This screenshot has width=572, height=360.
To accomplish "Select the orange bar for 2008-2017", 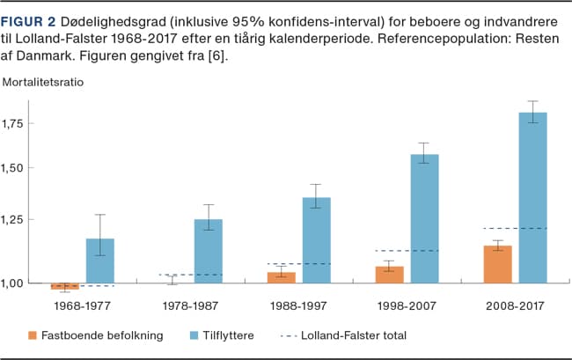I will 498,264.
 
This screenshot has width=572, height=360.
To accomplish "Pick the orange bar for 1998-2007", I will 390,275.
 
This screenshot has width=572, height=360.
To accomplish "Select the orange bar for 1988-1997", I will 282,277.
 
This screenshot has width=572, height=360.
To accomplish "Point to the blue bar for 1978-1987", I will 209,251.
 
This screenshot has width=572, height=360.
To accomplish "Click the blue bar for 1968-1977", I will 100,261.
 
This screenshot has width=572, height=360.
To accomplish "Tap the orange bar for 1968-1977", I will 64,286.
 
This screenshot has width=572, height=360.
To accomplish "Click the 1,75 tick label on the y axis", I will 18,123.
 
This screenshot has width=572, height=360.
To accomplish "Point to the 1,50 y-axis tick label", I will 18,168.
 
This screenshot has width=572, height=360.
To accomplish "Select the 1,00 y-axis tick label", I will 18,283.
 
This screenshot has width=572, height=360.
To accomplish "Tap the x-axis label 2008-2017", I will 515,305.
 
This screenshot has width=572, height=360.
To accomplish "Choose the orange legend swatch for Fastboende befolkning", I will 33,335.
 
